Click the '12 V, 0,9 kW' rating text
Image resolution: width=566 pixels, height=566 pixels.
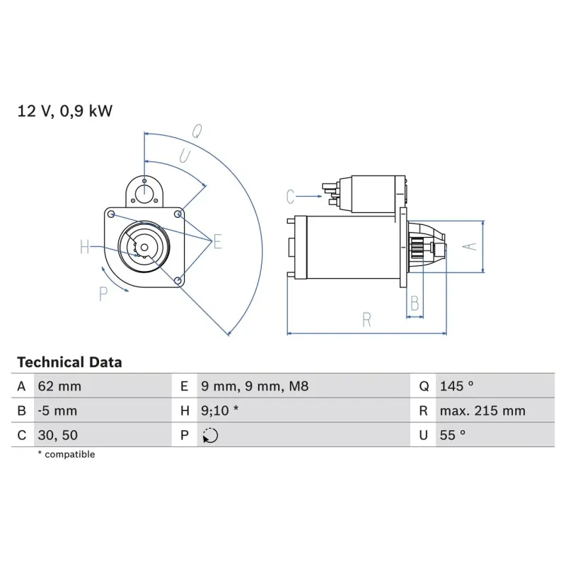click(65, 111)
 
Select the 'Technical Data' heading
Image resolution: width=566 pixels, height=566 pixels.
click(69, 362)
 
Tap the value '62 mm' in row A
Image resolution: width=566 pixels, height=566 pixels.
click(59, 386)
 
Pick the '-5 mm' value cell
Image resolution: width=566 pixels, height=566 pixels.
click(57, 411)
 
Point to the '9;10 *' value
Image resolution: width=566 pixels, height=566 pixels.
click(220, 411)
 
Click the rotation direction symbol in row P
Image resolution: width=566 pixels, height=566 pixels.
click(210, 436)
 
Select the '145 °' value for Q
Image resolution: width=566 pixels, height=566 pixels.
click(456, 386)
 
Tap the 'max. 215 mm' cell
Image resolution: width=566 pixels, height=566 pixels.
click(481, 411)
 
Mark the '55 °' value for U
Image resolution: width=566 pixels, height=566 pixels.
click(453, 435)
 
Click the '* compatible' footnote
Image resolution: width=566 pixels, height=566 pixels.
click(66, 454)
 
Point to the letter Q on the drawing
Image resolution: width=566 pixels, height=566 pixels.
click(197, 130)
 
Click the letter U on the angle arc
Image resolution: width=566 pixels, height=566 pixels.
click(185, 156)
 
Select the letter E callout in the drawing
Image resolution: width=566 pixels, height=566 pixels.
click(217, 243)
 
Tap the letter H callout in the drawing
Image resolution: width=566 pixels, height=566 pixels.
click(85, 247)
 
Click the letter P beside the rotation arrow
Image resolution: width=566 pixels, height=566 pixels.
click(103, 294)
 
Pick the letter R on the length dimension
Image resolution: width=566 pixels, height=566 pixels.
click(366, 320)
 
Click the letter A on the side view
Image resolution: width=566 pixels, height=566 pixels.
click(468, 246)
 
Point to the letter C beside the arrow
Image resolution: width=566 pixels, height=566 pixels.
click(290, 196)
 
